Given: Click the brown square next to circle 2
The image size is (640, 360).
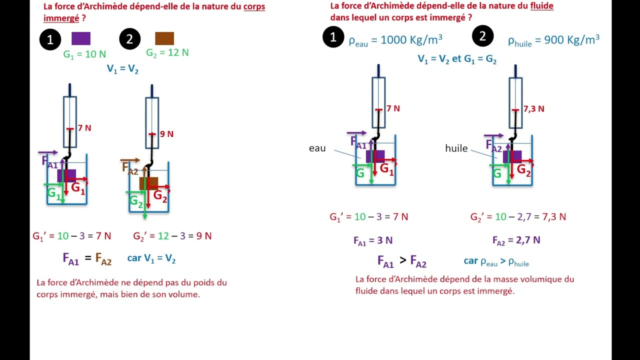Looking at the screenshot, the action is pos(164,38).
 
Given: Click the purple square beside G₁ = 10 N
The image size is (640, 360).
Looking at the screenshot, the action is pos(81,38).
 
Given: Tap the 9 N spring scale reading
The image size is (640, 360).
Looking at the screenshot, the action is pos(166,134).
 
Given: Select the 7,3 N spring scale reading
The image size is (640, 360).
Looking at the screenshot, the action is pos(533,109).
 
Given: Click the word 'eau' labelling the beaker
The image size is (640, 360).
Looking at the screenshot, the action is pos(317,148).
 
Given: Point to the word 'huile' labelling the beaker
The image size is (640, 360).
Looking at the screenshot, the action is pos(456,148).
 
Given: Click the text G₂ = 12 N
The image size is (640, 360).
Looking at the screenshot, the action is pos(167,53).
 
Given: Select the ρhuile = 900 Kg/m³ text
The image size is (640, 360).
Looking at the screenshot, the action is pos(553,40).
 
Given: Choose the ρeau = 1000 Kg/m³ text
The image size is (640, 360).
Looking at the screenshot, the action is pos(395,40).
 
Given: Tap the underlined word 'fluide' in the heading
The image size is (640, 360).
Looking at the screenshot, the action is pos(541,6).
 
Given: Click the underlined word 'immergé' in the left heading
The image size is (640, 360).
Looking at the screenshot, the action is pos(61,18).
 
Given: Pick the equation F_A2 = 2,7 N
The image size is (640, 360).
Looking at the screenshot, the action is pos(516,240).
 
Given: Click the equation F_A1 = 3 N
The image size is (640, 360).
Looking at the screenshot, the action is pos(373,240).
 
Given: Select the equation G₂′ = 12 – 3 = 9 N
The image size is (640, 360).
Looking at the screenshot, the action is pos(172,236).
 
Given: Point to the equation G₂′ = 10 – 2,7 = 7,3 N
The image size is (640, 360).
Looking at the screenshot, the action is pos(518,217).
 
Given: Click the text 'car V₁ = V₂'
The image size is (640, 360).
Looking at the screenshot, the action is pos(151,258).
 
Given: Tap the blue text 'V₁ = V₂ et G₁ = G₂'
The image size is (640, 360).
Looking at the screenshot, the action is pos(457,59).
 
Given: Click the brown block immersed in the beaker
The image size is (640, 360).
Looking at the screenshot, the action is pos(148,183).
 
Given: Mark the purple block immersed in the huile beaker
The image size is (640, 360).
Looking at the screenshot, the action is pos(512,157).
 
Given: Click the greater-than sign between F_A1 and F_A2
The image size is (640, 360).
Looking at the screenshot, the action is pos(403,260).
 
